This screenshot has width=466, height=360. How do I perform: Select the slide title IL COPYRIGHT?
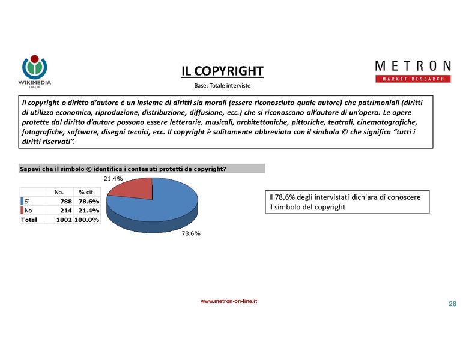(223, 72)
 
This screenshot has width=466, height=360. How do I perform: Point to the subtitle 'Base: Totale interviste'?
(222, 86)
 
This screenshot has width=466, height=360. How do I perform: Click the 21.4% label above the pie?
(113, 178)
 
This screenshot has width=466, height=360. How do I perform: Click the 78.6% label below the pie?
(191, 233)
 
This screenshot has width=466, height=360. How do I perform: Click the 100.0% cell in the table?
(87, 220)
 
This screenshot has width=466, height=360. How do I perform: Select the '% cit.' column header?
(87, 192)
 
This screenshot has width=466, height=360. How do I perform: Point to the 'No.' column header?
(59, 192)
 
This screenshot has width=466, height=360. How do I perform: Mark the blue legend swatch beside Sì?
(22, 201)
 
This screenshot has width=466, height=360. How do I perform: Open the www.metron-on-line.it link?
(229, 301)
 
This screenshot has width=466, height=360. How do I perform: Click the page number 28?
(452, 304)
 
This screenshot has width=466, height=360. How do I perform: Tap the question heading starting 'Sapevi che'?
(123, 169)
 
